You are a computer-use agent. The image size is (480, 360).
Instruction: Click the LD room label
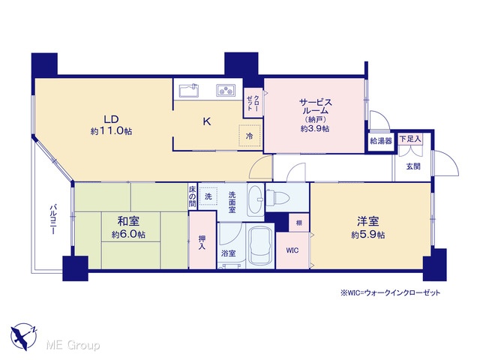coord(111,118)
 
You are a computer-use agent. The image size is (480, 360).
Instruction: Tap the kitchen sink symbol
coord(189,90)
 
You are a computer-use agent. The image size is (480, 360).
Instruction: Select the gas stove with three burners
coord(226,90)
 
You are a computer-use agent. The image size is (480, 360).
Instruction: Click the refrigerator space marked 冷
coord(250,136)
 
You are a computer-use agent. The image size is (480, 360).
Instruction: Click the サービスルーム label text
coord(316,106)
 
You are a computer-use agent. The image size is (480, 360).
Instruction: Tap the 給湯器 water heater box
coord(381,141)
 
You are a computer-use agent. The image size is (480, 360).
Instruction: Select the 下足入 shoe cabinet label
coord(410,139)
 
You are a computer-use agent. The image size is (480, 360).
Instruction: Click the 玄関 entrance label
coord(413,166)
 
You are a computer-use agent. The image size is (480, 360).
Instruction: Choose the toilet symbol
coord(278,197)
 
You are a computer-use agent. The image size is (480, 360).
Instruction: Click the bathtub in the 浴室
coord(260,247)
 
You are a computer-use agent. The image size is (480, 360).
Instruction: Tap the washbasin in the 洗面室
coord(255,199)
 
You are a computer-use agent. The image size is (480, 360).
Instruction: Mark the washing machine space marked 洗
coord(208,196)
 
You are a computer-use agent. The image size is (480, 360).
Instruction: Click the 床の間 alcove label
coord(192,196)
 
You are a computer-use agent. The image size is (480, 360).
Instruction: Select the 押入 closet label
coord(202,242)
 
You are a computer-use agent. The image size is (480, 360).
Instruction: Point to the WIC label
coord(292,250)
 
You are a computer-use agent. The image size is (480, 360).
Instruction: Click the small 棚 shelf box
coord(298,223)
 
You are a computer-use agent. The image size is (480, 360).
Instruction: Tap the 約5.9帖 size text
coord(368,235)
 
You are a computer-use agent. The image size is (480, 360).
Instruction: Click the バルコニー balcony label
coord(53,220)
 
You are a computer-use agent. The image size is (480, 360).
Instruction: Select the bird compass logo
coord(24,337)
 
